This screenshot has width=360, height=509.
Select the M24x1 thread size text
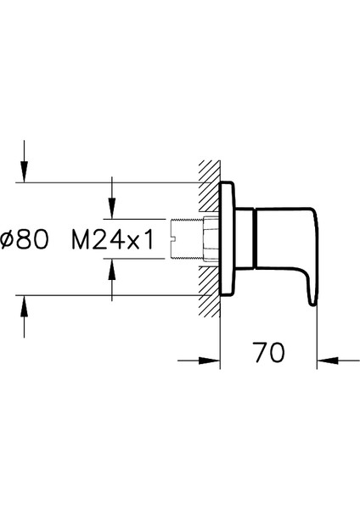pyautogui.click(x=113, y=240)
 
